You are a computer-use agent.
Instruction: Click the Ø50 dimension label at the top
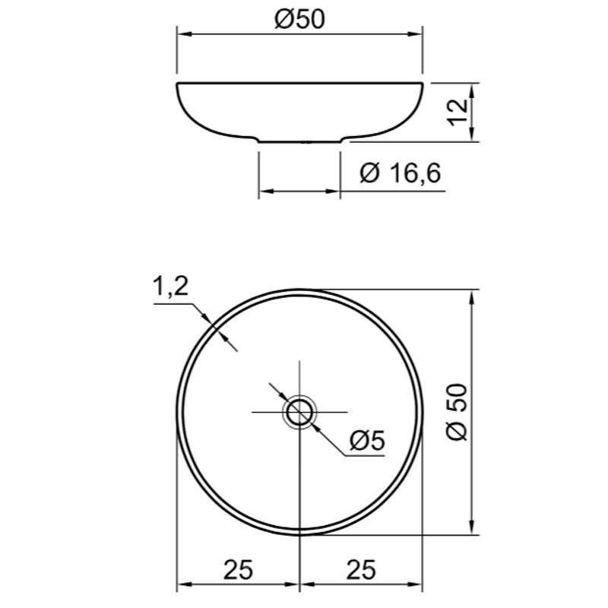pyautogui.click(x=299, y=20)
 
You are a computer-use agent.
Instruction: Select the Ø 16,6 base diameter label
pyautogui.click(x=401, y=173)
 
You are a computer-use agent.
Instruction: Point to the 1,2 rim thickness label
pyautogui.click(x=170, y=287)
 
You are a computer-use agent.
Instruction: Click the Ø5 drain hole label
pyautogui.click(x=367, y=441)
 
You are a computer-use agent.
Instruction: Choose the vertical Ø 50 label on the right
pyautogui.click(x=458, y=412)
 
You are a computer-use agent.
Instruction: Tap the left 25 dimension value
pyautogui.click(x=238, y=569)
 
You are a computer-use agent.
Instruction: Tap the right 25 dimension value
pyautogui.click(x=361, y=569)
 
